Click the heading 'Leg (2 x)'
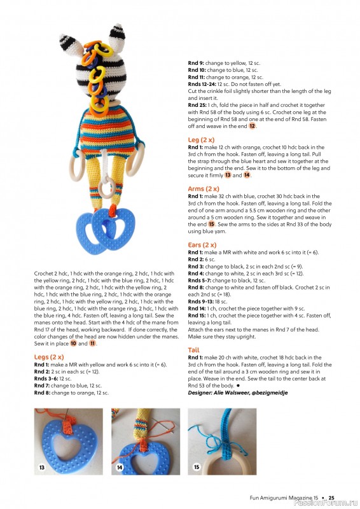point(202,139)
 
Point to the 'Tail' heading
point(194,350)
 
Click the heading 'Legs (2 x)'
point(50,357)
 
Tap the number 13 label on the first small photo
point(42,468)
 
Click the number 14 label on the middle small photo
point(120,468)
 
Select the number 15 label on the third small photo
point(197,468)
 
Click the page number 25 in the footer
point(331,497)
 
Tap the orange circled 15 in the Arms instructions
point(212,224)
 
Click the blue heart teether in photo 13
point(67,445)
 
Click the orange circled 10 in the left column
point(74,343)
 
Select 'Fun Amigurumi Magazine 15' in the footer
point(284,497)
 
